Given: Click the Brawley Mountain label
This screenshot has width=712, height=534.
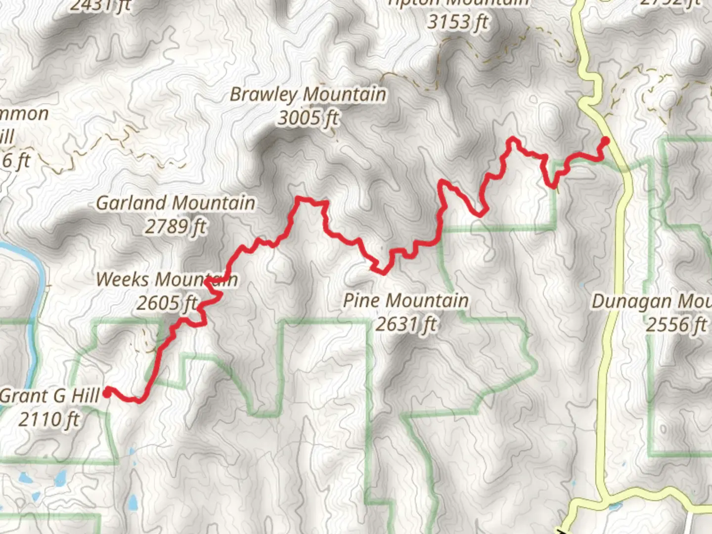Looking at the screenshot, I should [x=308, y=94].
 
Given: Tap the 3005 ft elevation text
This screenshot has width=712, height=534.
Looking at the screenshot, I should [x=309, y=118].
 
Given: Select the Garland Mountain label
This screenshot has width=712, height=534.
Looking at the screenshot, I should [x=176, y=203].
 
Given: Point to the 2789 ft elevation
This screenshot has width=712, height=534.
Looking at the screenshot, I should [x=176, y=226].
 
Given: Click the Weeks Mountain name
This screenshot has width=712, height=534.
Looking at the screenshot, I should [x=167, y=279].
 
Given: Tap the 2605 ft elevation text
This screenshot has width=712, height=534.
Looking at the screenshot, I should [x=167, y=303].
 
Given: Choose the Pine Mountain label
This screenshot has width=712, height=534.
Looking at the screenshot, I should [x=406, y=300].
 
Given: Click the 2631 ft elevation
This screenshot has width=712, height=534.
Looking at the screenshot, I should [x=406, y=324].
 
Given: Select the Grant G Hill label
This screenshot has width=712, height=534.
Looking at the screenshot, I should [x=50, y=396].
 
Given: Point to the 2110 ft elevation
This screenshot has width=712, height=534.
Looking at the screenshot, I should [x=48, y=419].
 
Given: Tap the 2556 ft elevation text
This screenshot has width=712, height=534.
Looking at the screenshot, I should [x=676, y=325].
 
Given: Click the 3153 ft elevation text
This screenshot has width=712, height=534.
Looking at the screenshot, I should [x=458, y=22].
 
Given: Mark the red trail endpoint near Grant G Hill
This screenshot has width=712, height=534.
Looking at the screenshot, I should [x=107, y=392].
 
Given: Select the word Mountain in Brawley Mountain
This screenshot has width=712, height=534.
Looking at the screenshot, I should [x=345, y=94].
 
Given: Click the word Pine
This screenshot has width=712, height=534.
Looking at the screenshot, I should [x=362, y=300].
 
